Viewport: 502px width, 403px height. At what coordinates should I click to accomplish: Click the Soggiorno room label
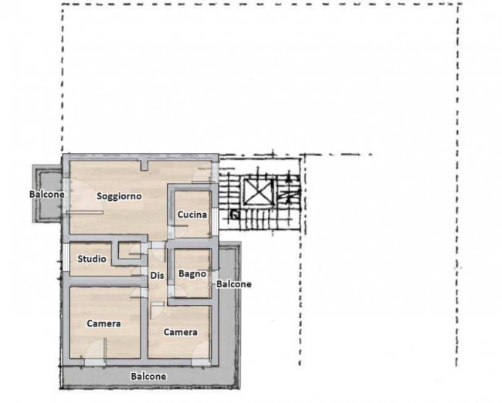click(x=119, y=196)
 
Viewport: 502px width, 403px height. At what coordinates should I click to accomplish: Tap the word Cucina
click(x=192, y=215)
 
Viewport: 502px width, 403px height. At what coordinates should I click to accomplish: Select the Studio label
click(x=92, y=259)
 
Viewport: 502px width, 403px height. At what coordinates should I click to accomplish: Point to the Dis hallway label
click(x=158, y=276)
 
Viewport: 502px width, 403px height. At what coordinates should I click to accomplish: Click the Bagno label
click(x=192, y=274)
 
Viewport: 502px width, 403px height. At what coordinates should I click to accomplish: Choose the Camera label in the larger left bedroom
click(x=103, y=323)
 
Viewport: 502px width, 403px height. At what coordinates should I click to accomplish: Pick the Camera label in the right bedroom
click(x=181, y=332)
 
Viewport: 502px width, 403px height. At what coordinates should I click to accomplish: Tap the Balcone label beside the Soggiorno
click(x=47, y=195)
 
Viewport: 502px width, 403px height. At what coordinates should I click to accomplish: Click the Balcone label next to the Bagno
click(x=234, y=284)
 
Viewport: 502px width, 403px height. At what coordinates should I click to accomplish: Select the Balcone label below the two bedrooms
click(x=148, y=377)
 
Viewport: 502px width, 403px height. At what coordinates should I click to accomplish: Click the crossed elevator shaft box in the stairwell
click(x=258, y=191)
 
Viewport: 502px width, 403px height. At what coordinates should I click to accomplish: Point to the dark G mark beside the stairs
click(x=236, y=215)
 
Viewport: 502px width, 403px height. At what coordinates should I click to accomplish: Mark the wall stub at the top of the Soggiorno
click(x=144, y=165)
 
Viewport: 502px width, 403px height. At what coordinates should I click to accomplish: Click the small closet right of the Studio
click(x=129, y=250)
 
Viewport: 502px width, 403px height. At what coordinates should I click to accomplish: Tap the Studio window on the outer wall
click(x=66, y=257)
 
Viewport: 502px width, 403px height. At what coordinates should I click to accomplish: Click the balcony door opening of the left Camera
click(x=95, y=362)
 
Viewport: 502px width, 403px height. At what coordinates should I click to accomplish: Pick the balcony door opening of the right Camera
click(x=201, y=362)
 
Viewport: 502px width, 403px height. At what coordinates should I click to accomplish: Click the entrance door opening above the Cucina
click(x=215, y=172)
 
